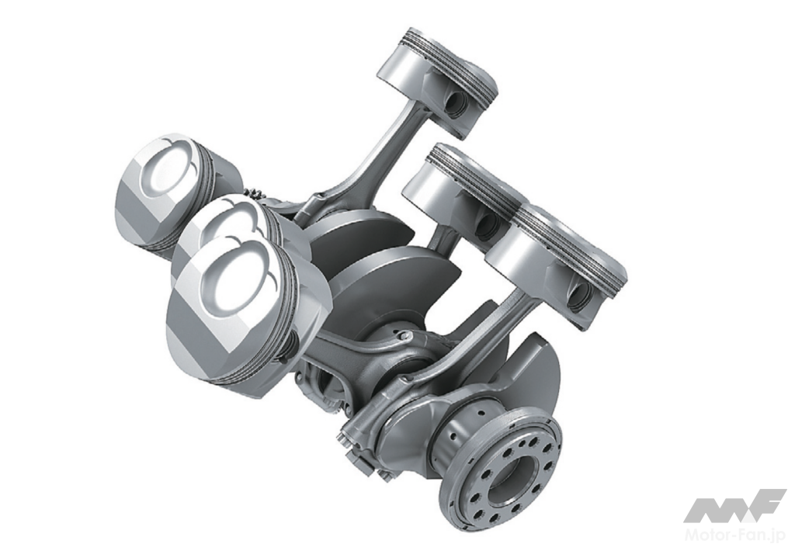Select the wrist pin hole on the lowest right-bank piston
pyautogui.click(x=579, y=296)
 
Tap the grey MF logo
pyautogui.click(x=734, y=505)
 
